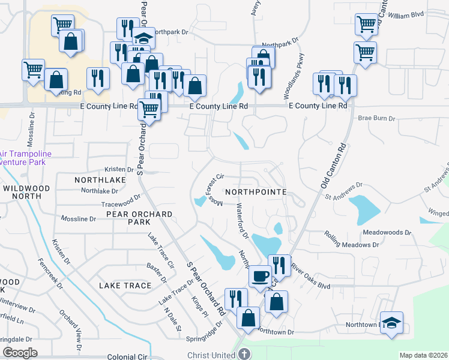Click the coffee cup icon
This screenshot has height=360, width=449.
click(259, 275)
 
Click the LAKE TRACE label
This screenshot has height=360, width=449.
click(125, 286)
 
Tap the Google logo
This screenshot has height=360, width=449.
click(20, 353)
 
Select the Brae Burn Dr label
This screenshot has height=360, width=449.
click(377, 119)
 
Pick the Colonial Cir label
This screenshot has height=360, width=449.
click(127, 356)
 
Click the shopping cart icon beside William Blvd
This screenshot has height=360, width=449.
click(366, 25)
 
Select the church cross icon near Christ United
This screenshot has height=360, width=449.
click(244, 355)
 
